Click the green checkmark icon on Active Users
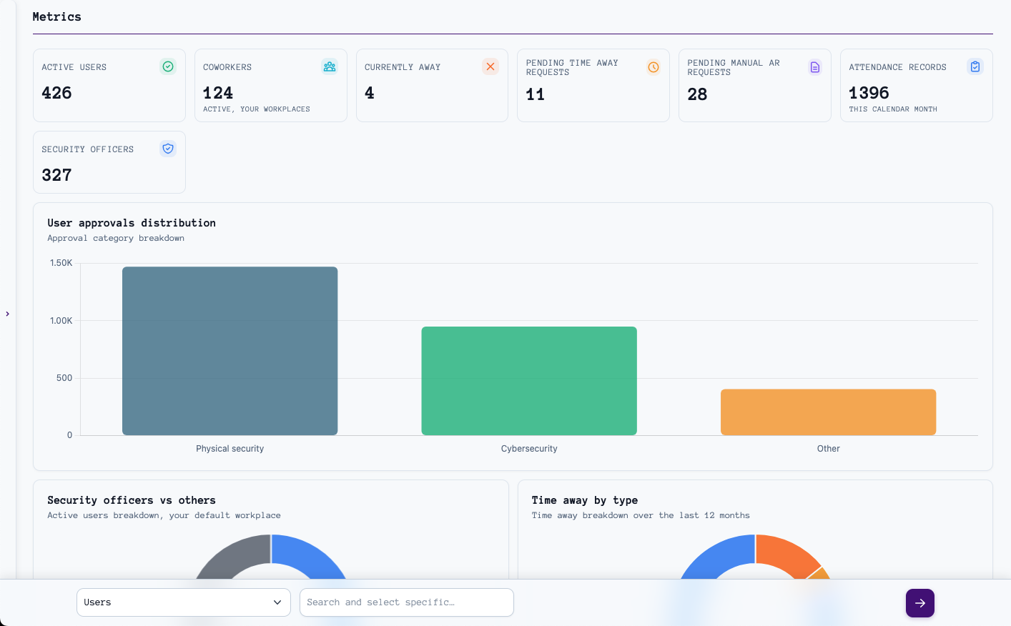[x=168, y=66]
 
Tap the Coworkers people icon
[x=330, y=66]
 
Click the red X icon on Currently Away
[x=490, y=66]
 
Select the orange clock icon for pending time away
[x=654, y=67]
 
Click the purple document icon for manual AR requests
[x=815, y=67]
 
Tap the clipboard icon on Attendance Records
[x=975, y=66]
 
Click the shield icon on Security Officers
[x=168, y=149]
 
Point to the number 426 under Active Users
[x=56, y=93]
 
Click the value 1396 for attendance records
[x=869, y=93]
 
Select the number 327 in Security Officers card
[x=56, y=175]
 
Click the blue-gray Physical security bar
[x=230, y=350]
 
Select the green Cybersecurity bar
[x=529, y=380]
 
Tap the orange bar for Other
[x=828, y=412]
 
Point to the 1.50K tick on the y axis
[x=61, y=263]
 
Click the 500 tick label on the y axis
[x=64, y=378]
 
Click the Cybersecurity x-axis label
[x=529, y=449]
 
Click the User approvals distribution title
[x=132, y=223]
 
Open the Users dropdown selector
[x=183, y=602]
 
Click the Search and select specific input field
[x=406, y=602]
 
